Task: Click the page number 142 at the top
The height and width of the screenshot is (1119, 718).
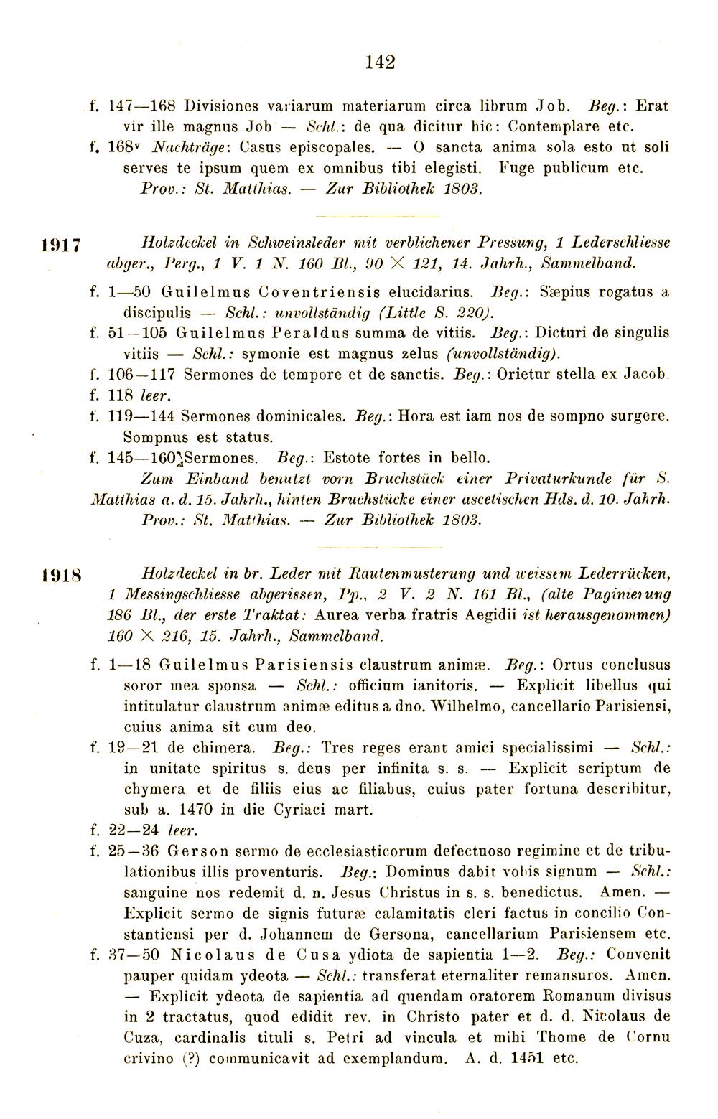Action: tap(380, 62)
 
